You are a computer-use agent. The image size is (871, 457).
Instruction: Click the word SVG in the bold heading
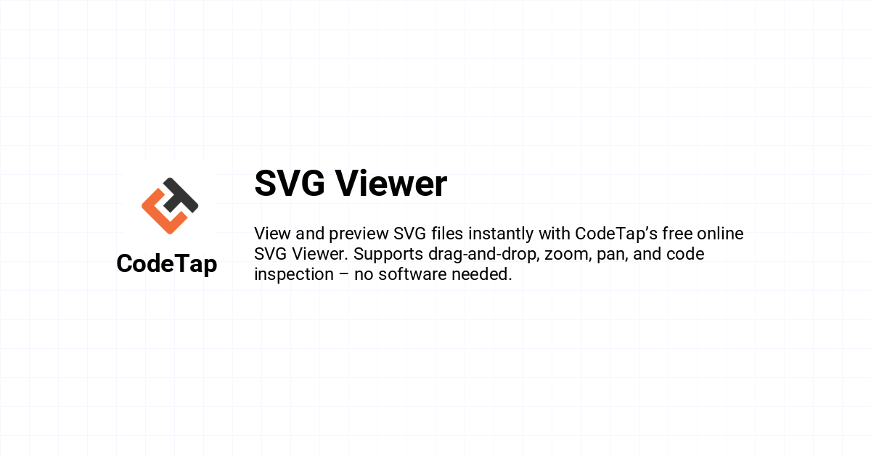click(x=290, y=184)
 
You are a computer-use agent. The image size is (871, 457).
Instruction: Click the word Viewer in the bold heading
click(x=391, y=184)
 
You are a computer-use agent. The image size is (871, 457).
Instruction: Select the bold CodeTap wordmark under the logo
click(x=167, y=264)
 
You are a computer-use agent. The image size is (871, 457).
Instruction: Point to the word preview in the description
click(x=359, y=234)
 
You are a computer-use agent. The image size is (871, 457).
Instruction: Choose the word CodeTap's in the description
click(x=616, y=234)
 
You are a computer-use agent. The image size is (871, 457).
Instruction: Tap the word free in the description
click(x=677, y=234)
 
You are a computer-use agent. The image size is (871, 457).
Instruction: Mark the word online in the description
click(x=720, y=234)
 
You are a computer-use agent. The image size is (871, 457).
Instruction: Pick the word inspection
click(x=294, y=275)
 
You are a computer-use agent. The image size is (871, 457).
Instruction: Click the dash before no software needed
click(x=344, y=275)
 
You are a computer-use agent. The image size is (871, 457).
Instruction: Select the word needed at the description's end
click(x=482, y=274)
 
